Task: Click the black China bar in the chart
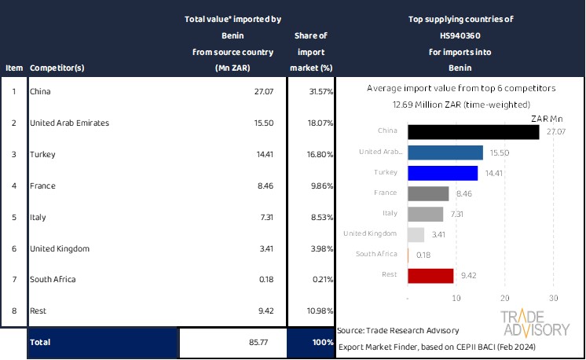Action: [474, 132]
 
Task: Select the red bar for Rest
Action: [431, 275]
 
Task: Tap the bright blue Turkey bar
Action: [443, 173]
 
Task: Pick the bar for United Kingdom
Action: [416, 234]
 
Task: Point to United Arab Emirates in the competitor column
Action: [69, 123]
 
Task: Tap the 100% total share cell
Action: [321, 343]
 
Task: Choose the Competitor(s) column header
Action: [64, 68]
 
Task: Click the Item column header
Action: [13, 68]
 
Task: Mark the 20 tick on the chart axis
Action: [505, 299]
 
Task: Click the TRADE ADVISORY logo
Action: [534, 322]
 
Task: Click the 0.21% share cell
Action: [320, 280]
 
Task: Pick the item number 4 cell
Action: [13, 186]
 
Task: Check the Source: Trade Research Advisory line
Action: [398, 330]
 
